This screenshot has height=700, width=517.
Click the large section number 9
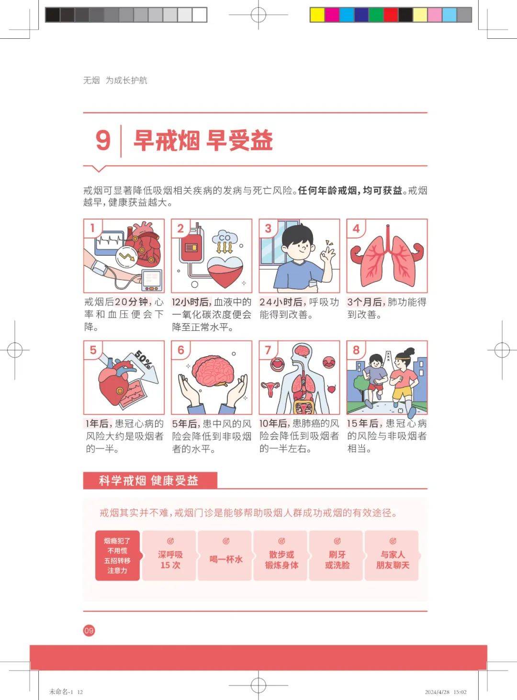point(103,140)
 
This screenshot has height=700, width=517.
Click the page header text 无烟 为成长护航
point(115,80)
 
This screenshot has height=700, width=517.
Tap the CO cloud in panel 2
point(225,238)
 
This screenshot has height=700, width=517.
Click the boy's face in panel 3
point(297,246)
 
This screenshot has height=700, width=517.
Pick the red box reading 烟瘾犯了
point(117,555)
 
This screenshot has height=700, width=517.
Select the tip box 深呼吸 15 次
point(170,555)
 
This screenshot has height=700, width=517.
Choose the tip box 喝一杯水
point(225,555)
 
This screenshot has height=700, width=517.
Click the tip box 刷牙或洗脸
point(337,555)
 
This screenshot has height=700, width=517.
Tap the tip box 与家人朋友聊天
point(393,555)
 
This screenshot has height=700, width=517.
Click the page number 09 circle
point(89,630)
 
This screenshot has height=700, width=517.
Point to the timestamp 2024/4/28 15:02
point(445,692)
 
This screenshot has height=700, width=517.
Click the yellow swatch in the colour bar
point(317,15)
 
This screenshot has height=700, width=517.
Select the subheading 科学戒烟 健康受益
point(149,481)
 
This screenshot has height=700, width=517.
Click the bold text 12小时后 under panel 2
point(191,302)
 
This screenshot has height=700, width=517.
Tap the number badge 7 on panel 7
point(268,350)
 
